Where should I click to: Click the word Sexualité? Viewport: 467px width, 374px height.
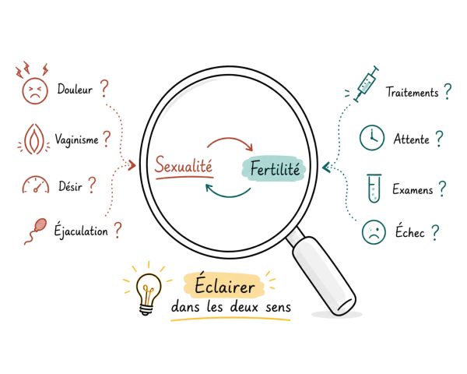[184, 164]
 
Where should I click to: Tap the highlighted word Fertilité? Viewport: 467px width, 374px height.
[274, 168]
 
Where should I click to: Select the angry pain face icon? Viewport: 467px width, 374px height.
[34, 90]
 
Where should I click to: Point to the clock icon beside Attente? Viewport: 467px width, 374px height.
[372, 137]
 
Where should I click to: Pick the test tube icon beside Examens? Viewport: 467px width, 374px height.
[374, 189]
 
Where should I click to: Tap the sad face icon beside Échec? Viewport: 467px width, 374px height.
[374, 232]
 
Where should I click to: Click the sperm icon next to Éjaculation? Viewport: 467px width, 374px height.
[35, 231]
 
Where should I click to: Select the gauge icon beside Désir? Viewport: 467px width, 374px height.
[36, 185]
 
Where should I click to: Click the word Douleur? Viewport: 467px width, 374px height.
[75, 89]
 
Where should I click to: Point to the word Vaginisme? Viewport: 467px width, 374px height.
[76, 139]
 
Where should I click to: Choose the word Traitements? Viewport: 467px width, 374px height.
[413, 92]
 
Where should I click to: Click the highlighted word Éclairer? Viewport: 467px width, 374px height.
[225, 285]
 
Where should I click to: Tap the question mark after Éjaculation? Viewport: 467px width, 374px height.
[118, 230]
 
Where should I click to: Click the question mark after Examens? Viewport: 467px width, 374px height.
[443, 189]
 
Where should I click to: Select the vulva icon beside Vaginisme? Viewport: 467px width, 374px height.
[34, 139]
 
